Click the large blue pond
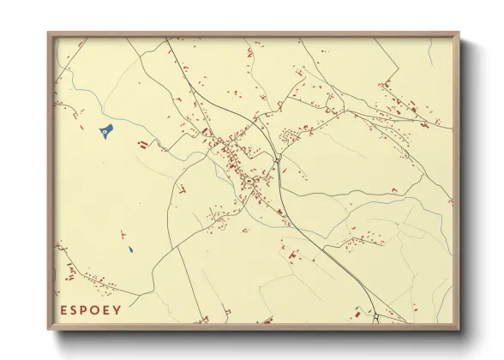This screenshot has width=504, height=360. pos(105,132)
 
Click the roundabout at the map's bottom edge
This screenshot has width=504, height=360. pos(376,318)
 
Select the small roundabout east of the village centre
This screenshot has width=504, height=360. pos(278,159)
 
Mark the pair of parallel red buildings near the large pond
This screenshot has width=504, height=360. pos(142,142)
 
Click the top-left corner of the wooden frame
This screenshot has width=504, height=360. pos(48,33)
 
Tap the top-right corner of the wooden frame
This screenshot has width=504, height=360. pos(459,33)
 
